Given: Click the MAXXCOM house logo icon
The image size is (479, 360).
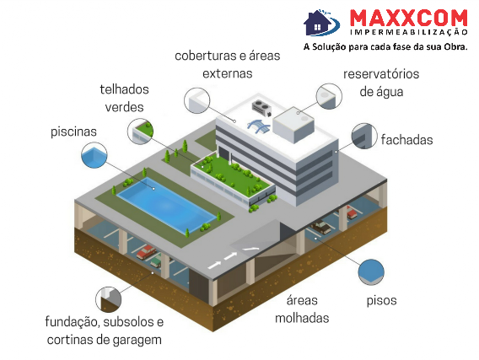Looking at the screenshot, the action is tap(321, 22).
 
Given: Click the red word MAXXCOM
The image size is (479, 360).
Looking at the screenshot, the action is tap(408, 19).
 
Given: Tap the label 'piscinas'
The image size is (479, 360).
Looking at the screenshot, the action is tap(73, 132).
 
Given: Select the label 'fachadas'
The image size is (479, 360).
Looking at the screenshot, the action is tap(406, 140).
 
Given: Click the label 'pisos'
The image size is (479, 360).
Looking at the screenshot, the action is tap(381, 301).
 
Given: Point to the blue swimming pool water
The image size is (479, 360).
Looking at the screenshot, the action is tap(166, 205).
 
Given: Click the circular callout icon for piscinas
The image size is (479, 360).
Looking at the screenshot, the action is tap(94, 155).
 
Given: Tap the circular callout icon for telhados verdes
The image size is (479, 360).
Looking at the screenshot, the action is tap(140, 131).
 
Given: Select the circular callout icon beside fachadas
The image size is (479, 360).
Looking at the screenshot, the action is tap(364, 137).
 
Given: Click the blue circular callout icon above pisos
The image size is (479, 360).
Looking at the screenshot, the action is tap(371, 272).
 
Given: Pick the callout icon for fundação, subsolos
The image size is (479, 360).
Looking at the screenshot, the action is tap(109, 299).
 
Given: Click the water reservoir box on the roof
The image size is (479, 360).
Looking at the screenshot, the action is tap(293, 125).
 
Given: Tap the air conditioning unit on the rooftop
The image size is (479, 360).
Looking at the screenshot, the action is tap(262, 108).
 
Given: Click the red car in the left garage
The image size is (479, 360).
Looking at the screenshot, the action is tap(147, 252).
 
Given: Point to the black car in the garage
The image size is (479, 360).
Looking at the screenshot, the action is tap(320, 227).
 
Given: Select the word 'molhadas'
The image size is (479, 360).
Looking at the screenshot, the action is tap(302, 318).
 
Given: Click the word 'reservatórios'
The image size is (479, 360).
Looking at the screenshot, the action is tap(381, 74).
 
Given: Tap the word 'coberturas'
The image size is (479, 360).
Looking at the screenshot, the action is tap(207, 56).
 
